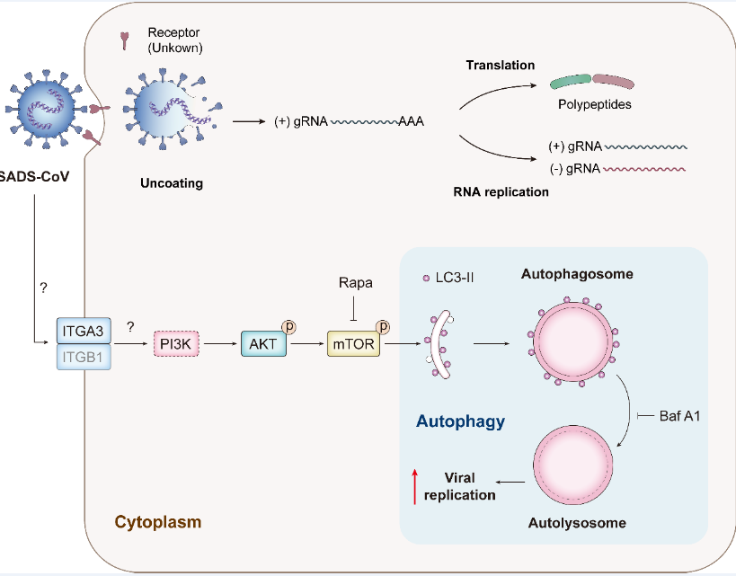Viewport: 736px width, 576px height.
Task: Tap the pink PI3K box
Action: click(174, 343)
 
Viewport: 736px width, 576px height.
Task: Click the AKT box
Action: click(263, 343)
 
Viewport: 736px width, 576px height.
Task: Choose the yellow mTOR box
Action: click(353, 343)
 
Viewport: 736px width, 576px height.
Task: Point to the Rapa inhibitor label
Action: click(356, 282)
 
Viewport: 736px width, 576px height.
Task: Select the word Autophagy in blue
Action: click(460, 420)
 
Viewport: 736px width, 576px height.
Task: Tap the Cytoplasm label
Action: click(157, 521)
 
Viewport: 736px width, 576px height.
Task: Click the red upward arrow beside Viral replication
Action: click(414, 485)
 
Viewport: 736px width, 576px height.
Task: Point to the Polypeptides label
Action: click(594, 104)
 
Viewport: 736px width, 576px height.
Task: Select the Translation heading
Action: click(501, 65)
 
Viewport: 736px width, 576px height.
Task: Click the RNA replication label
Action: click(501, 191)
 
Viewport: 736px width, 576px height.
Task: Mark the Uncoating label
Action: click(172, 183)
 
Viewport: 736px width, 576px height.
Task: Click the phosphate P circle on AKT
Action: click(290, 325)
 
